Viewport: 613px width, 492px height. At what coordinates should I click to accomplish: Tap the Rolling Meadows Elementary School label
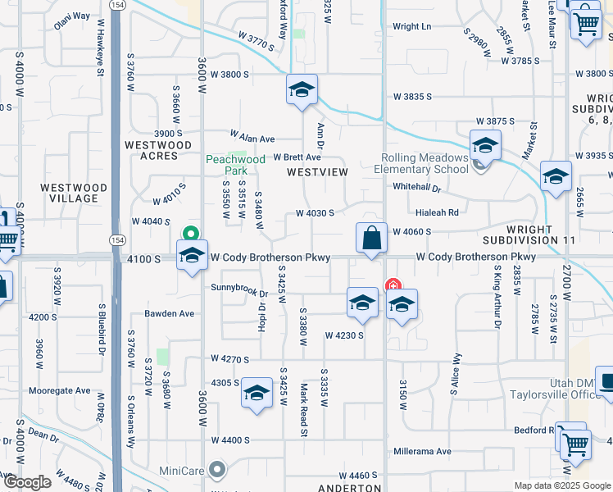pos(424,164)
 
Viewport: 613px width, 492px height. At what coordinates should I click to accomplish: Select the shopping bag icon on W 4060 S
pos(371,239)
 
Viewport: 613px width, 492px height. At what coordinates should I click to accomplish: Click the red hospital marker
pos(393,286)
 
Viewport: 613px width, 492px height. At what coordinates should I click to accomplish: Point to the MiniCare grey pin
pos(217,469)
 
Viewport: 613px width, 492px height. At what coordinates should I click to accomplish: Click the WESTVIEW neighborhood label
pos(317,172)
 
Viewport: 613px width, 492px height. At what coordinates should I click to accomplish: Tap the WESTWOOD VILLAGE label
pos(74,193)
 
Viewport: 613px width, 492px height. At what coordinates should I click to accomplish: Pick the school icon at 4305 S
pos(257,394)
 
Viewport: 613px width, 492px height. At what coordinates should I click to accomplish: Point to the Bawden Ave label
pos(170,313)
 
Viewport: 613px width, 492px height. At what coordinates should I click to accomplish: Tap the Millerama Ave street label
pos(421,451)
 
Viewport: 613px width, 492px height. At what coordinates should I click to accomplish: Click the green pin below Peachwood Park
pos(191,233)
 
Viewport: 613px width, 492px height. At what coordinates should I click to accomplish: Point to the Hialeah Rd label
pos(437,212)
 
